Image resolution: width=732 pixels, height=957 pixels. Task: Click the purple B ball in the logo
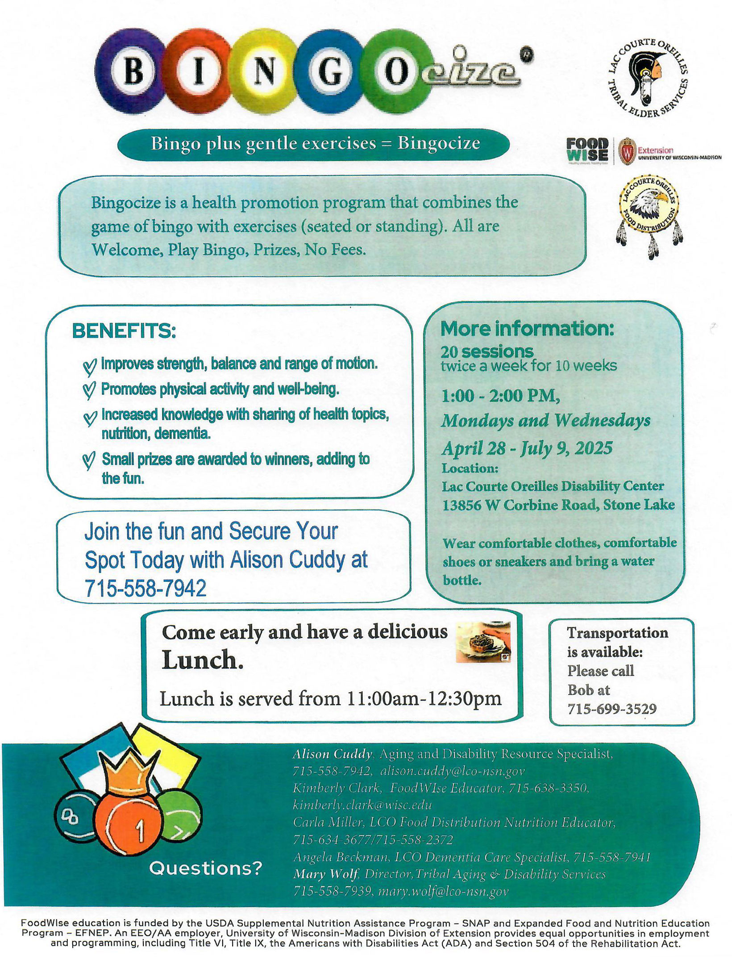coord(133,71)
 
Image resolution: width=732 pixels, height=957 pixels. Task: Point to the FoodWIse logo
coord(587,150)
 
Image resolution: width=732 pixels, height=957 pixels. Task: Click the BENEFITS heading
coord(124,331)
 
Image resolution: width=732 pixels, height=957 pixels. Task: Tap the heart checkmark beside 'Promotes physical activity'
coord(90,391)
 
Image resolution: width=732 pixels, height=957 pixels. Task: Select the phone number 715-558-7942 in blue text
coord(146,588)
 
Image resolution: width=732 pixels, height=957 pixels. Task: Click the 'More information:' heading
coord(527,329)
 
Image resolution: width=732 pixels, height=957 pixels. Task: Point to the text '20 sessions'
coord(487,352)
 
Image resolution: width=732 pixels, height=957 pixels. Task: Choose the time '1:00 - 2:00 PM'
coord(500,396)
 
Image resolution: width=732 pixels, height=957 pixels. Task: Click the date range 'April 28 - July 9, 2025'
coord(527,448)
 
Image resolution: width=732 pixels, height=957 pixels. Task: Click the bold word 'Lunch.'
coord(202,660)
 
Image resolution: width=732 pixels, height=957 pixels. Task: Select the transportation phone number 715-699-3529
coord(612,709)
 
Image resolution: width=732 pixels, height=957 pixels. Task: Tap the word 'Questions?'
coord(206,868)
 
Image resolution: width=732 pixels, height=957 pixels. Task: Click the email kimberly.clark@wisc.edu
coord(362,805)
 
